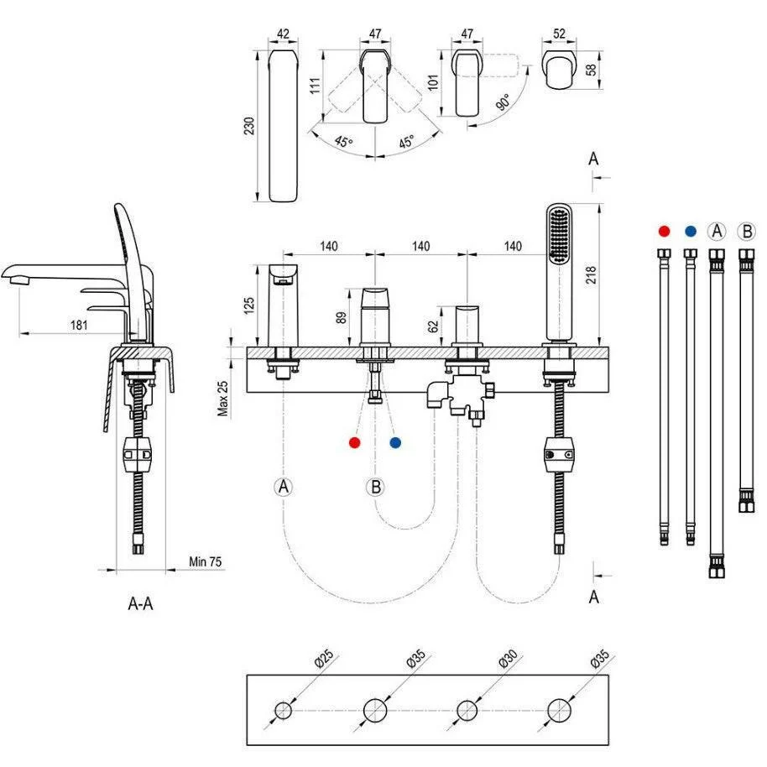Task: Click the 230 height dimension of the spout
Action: tap(249, 126)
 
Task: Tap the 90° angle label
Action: tap(504, 102)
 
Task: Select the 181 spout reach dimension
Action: tap(79, 325)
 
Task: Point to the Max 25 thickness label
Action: tap(223, 399)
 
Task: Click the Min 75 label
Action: tap(206, 561)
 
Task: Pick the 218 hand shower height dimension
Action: tap(592, 275)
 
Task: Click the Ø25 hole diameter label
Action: tap(324, 658)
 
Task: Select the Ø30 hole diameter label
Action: tap(508, 659)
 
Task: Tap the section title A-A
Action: tap(140, 603)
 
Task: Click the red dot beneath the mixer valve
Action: tap(355, 443)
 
